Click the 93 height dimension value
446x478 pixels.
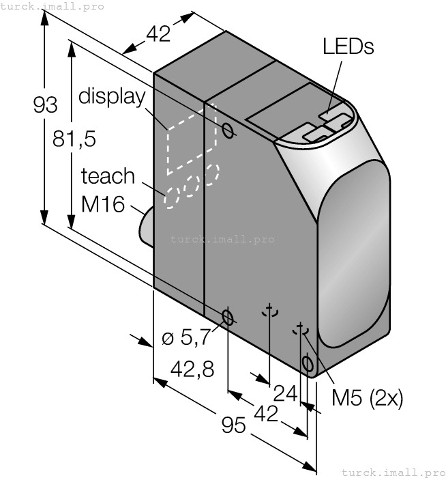[45, 105]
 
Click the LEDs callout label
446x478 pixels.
[348, 46]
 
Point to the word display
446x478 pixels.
[113, 96]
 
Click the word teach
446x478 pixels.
[108, 176]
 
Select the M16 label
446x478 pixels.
[103, 203]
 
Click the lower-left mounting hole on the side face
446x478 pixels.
[228, 317]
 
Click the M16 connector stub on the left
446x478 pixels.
[146, 225]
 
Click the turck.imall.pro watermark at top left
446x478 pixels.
[53, 6]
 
